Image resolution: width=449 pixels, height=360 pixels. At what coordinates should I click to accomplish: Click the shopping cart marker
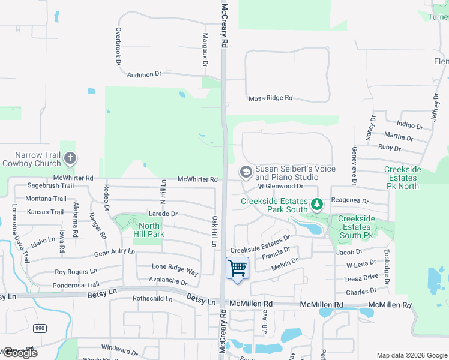[x=238, y=268]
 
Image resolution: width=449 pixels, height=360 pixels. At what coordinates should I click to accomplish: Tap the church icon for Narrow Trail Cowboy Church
[x=70, y=158]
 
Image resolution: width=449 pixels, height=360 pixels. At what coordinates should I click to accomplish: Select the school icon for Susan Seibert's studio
[x=246, y=172]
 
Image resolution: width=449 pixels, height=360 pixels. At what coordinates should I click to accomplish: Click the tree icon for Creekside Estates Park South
[x=316, y=205]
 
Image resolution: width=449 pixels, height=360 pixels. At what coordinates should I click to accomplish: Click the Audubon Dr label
[x=145, y=74]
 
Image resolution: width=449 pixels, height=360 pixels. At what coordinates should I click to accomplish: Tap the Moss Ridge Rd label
[x=270, y=98]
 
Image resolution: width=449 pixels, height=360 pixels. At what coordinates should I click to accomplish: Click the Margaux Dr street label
[x=205, y=51]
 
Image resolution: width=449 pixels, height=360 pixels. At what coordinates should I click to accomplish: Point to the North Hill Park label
[x=148, y=230]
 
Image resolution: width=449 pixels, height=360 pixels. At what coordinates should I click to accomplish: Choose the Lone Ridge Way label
[x=175, y=269]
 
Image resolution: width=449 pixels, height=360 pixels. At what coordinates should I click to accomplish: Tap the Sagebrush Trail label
[x=50, y=186]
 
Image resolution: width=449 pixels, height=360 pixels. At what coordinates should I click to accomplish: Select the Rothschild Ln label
[x=152, y=298]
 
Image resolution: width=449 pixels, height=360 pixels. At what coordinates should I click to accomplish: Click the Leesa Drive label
[x=361, y=278]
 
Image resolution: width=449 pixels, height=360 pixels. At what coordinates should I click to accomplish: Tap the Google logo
[x=20, y=353]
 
